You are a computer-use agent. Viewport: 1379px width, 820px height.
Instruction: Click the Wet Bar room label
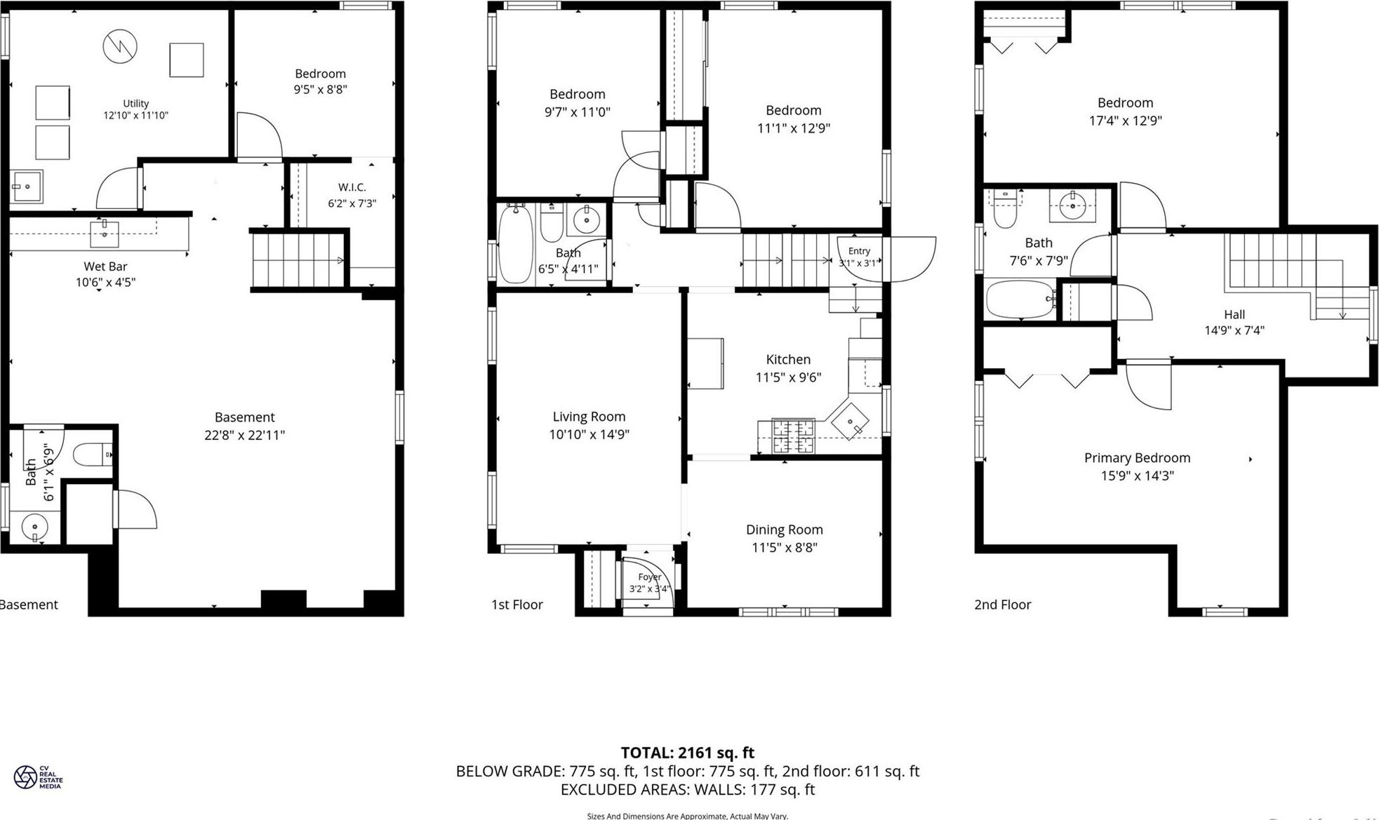[x=105, y=267]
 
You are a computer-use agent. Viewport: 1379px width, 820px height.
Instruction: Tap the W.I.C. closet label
[x=352, y=187]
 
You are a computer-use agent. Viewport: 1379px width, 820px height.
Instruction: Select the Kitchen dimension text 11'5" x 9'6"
[x=788, y=377]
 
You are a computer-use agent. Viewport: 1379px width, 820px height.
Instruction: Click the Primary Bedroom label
[x=1137, y=458]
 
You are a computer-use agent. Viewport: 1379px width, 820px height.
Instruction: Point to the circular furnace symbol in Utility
[x=120, y=46]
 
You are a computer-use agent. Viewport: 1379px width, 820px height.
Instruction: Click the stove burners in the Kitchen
[x=793, y=435]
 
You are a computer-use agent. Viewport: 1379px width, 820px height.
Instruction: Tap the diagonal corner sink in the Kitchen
[x=850, y=421]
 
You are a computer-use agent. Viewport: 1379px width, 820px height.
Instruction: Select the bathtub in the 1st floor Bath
[x=516, y=243]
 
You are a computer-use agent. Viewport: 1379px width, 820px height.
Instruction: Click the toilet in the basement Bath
[x=92, y=455]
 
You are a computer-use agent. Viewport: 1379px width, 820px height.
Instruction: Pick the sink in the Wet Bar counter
[x=105, y=234]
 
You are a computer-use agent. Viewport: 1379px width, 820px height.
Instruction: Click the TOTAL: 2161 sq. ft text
[x=687, y=753]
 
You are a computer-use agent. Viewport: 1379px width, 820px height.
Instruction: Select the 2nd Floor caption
[x=1002, y=605]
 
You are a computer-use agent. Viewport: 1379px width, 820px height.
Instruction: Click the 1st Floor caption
[x=517, y=605]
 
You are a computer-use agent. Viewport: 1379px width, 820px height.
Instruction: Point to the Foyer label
[x=650, y=577]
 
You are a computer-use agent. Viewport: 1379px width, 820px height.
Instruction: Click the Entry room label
[x=859, y=251]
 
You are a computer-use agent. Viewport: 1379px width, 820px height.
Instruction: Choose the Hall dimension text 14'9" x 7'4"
[x=1234, y=330]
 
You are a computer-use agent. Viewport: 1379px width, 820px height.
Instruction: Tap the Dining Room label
[x=784, y=530]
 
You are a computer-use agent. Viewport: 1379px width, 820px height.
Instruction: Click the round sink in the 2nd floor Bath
[x=1072, y=206]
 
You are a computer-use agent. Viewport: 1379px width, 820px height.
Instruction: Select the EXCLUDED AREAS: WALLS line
[x=687, y=789]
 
